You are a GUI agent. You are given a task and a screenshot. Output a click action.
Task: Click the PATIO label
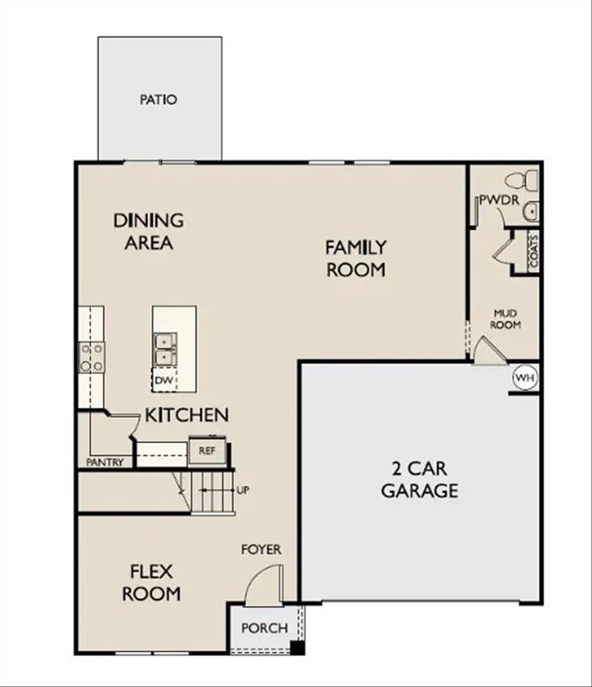158,99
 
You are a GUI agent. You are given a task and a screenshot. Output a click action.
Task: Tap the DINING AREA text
148,231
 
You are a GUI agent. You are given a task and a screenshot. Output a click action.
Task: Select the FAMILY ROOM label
355,258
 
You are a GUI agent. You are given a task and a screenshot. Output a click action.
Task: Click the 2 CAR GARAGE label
419,479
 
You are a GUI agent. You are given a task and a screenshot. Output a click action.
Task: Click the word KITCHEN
187,415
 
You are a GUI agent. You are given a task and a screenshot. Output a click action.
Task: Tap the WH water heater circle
525,378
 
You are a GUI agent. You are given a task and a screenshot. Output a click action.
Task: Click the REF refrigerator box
207,451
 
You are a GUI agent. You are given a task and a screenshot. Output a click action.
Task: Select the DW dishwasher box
163,380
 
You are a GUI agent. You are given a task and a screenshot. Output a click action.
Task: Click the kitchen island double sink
164,349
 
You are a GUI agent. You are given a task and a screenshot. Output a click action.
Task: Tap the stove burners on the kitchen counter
92,357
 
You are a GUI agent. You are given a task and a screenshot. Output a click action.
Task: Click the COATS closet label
534,251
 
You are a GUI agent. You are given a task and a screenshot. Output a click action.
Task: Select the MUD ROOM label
506,319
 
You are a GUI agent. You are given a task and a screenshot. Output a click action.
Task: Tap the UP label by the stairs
242,490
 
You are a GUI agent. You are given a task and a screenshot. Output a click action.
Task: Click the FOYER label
260,548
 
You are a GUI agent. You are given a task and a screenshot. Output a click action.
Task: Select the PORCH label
265,628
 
